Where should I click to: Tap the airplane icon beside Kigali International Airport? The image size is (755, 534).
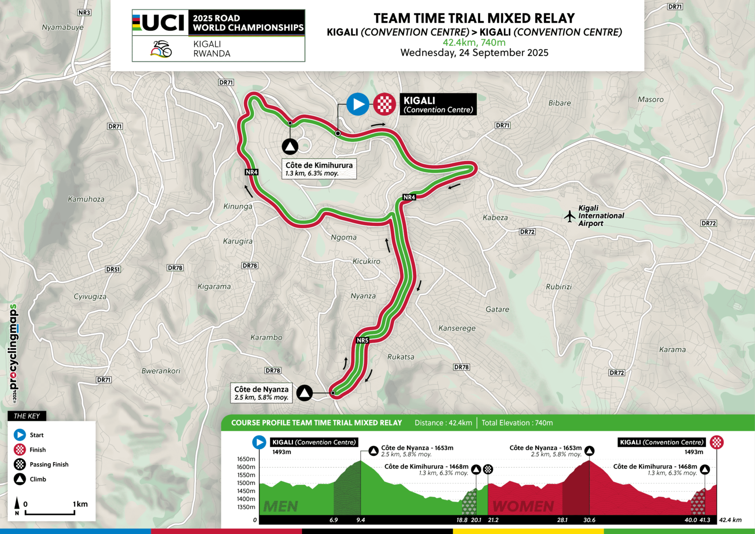[x=569, y=216]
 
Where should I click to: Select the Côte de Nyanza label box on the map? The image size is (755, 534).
[x=261, y=393]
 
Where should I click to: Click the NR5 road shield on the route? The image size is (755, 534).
[x=362, y=340]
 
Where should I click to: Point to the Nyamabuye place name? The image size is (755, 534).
[x=62, y=28]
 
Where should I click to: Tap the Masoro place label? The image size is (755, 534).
[x=650, y=99]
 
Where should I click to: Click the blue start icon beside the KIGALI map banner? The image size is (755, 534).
[x=358, y=104]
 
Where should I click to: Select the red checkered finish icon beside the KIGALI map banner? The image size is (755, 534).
[x=384, y=104]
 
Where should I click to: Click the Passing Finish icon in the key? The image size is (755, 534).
[x=20, y=464]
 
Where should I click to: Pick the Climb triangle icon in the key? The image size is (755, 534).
[x=20, y=479]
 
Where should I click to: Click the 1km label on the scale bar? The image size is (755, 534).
[x=80, y=504]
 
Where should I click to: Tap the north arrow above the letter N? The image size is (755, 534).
[x=17, y=503]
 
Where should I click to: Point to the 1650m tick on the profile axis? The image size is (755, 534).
[x=246, y=459]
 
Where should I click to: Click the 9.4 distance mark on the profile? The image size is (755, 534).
[x=361, y=520]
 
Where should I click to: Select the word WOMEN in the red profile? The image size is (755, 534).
[x=523, y=506]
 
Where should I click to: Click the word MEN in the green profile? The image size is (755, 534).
[x=281, y=506]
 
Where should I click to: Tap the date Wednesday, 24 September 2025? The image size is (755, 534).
[x=474, y=53]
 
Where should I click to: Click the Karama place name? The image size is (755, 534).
[x=672, y=350]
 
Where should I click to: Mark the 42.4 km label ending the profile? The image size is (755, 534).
[x=730, y=520]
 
